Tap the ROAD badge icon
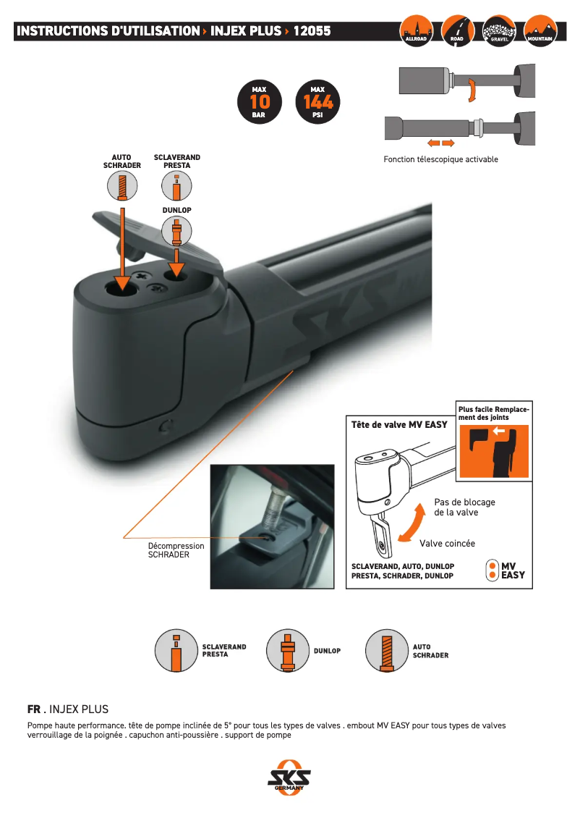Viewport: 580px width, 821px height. click(x=458, y=30)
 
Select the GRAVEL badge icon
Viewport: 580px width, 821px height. click(x=499, y=30)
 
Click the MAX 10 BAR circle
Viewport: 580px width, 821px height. click(x=259, y=102)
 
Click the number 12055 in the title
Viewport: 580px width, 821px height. click(x=312, y=31)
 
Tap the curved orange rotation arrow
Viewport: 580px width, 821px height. click(x=471, y=90)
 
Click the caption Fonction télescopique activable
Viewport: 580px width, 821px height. click(x=440, y=159)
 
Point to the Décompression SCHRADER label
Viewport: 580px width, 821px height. click(x=176, y=550)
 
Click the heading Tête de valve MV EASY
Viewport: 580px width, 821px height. click(x=399, y=424)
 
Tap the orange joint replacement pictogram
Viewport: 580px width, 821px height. click(x=494, y=452)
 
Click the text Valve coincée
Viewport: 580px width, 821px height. click(x=447, y=543)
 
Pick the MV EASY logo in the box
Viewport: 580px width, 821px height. click(x=506, y=570)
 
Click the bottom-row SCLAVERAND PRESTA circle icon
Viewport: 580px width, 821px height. click(x=176, y=650)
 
